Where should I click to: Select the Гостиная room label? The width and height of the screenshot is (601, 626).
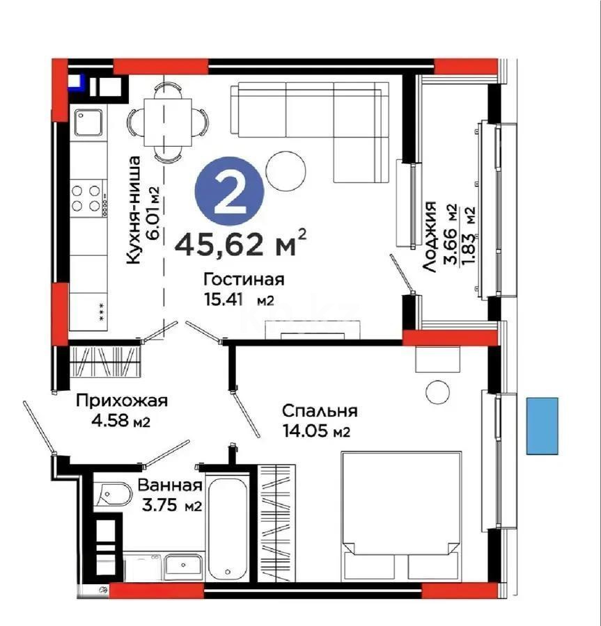243,280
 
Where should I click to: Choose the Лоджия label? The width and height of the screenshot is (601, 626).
430,236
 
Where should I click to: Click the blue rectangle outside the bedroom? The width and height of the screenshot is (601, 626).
542,426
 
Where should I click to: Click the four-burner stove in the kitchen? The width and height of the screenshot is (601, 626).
88,197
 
